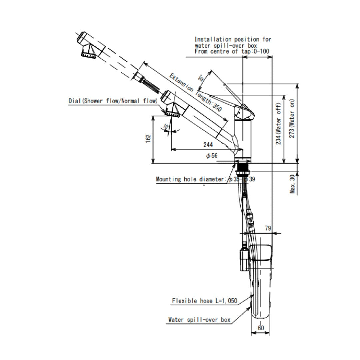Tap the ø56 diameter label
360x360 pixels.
click(212, 156)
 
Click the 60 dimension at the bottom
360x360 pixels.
click(261, 328)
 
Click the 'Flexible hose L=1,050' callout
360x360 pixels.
click(204, 301)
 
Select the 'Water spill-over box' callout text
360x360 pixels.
click(199, 320)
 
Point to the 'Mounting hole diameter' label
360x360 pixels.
click(191, 179)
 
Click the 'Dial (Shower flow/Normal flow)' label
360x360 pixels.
click(112, 101)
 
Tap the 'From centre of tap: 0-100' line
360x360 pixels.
click(232, 51)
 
